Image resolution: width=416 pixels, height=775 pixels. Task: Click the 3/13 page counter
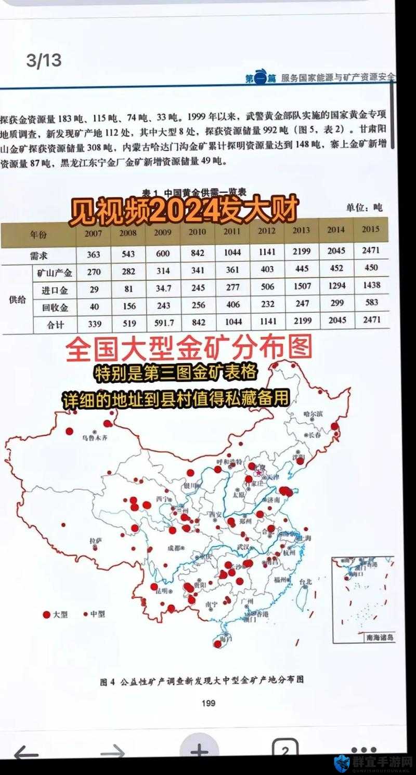tap(44, 61)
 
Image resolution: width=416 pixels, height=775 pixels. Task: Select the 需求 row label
tap(39, 255)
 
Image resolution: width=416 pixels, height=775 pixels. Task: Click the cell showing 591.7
tap(164, 323)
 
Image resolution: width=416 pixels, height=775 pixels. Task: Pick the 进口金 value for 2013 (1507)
tap(301, 287)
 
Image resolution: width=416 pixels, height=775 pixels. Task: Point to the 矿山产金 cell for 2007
tap(94, 271)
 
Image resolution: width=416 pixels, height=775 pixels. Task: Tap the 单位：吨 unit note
tap(365, 208)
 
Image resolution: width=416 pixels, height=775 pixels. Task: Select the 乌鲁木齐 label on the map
tap(95, 437)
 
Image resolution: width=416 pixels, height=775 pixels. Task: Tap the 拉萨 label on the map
tap(95, 541)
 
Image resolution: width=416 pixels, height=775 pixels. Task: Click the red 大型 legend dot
tap(47, 614)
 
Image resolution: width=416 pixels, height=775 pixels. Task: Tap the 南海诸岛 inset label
tap(380, 637)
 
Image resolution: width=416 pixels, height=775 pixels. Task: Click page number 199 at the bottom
tap(207, 703)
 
